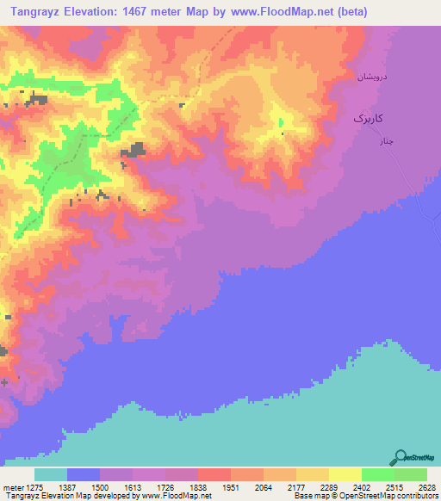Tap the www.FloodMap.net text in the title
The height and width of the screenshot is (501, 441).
tap(286, 11)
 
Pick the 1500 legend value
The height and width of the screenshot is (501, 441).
tap(100, 487)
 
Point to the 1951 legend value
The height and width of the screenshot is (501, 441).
tap(231, 487)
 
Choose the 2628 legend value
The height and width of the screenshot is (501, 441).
tap(426, 487)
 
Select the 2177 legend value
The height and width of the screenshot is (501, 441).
tap(296, 487)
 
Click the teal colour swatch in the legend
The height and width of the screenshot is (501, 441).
tap(51, 474)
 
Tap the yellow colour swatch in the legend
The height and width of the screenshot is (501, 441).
tap(345, 474)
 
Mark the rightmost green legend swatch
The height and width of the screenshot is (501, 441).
tap(411, 474)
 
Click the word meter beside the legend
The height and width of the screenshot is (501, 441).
tap(11, 487)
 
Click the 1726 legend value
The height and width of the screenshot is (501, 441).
tap(165, 487)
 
